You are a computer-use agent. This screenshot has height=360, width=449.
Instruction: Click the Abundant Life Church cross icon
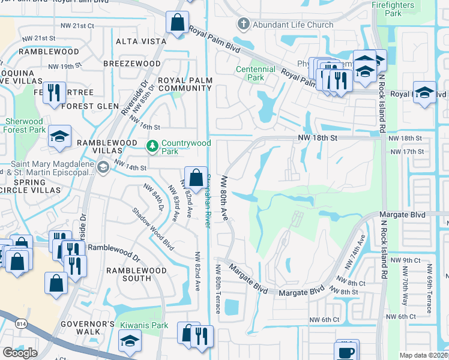click(x=243, y=25)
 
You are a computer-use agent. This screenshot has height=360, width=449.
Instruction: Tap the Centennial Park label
click(x=256, y=73)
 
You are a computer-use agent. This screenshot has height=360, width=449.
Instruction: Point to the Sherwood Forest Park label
click(x=25, y=125)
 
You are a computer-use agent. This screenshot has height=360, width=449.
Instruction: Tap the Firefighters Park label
click(x=401, y=8)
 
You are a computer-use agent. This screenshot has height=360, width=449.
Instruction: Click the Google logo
click(x=20, y=352)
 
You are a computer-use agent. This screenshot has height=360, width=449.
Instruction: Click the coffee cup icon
click(x=346, y=351)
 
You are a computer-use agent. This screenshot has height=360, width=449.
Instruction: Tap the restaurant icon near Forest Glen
click(x=55, y=92)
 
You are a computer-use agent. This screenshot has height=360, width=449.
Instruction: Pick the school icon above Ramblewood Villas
click(x=59, y=136)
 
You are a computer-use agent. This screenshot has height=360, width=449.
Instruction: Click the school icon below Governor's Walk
click(x=129, y=342)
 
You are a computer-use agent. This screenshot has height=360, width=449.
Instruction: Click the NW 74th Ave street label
click(x=354, y=251)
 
